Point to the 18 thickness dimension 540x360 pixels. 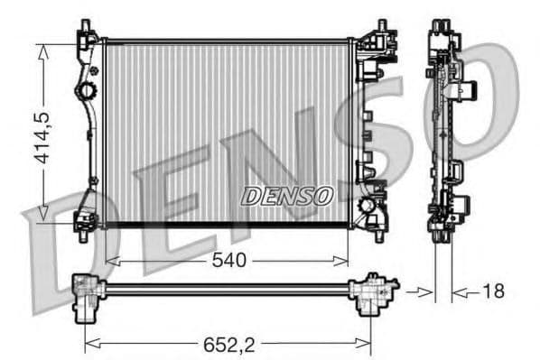pos(493,291)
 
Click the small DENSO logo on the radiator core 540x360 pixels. pos(286,195)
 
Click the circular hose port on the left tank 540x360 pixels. pos(88,91)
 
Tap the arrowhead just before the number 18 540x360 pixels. pos(460,291)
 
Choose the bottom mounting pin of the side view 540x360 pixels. pos(442,236)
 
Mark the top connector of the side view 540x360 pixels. pos(442,27)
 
